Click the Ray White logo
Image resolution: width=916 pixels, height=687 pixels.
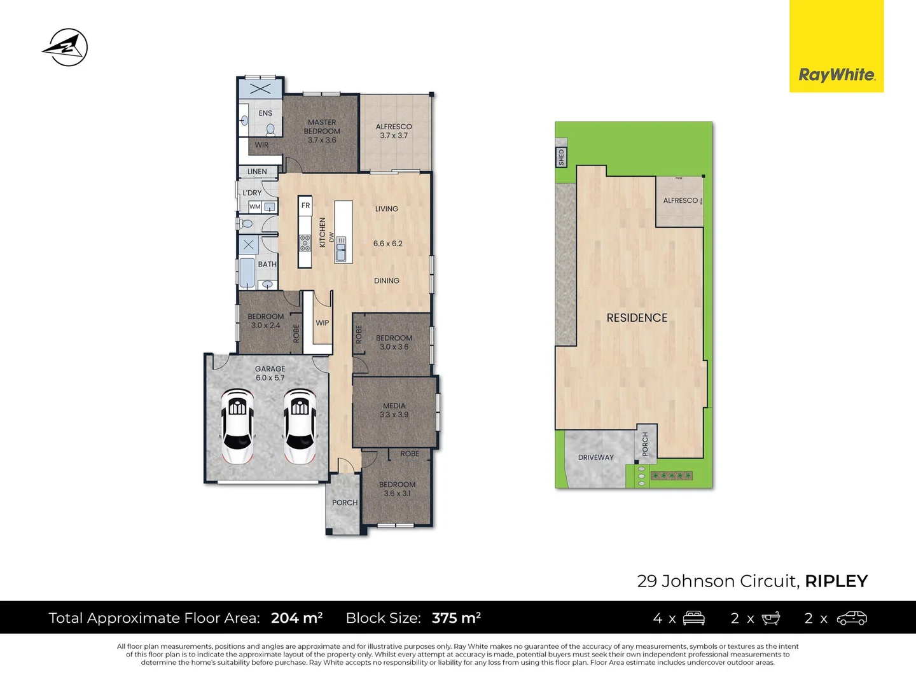(x=836, y=75)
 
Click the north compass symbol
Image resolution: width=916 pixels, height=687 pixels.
(x=66, y=47)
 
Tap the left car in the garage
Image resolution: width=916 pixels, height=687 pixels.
(x=237, y=426)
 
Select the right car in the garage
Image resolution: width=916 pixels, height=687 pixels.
(x=300, y=426)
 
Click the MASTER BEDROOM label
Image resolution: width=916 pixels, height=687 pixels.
(x=322, y=127)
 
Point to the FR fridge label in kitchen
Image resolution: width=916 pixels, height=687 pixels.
(x=305, y=205)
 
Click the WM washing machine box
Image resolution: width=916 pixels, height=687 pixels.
(x=255, y=207)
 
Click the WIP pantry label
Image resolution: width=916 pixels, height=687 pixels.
(x=323, y=323)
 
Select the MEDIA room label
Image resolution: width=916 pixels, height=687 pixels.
(x=394, y=406)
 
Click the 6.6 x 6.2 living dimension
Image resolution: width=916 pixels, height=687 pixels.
(x=387, y=244)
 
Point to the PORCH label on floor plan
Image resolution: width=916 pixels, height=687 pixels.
(x=345, y=503)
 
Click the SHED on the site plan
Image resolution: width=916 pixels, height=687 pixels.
(x=561, y=157)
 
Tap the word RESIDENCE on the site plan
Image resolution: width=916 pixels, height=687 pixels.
(x=637, y=318)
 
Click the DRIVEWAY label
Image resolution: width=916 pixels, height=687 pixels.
(x=596, y=457)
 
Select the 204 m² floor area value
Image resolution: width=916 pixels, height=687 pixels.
(x=296, y=618)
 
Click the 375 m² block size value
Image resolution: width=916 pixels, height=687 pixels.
(x=456, y=618)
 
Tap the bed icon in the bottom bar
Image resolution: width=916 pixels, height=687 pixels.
(x=693, y=618)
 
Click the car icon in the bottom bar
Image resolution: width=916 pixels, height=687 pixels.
(x=852, y=618)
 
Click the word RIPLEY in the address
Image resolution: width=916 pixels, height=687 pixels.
(x=836, y=581)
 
